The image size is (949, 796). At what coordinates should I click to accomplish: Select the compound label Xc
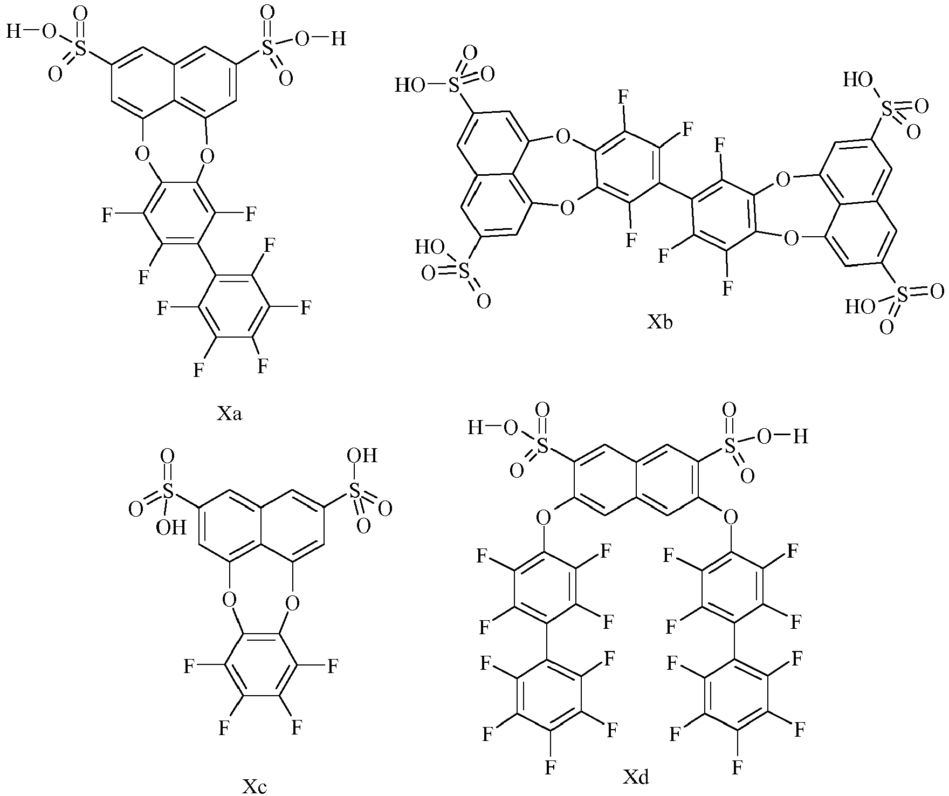(x=254, y=786)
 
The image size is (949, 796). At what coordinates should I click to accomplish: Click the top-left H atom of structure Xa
(x=13, y=32)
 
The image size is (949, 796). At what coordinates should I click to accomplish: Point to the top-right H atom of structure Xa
(x=338, y=39)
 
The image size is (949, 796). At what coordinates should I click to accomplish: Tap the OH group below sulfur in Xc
(x=171, y=527)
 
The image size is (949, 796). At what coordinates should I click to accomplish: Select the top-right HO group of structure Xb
(x=857, y=80)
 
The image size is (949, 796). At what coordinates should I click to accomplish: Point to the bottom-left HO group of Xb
(x=429, y=248)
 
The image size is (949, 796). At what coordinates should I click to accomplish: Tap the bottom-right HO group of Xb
(x=859, y=307)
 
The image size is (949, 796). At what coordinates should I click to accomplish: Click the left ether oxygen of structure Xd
(x=544, y=518)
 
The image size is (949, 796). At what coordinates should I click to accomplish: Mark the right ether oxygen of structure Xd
(x=730, y=518)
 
